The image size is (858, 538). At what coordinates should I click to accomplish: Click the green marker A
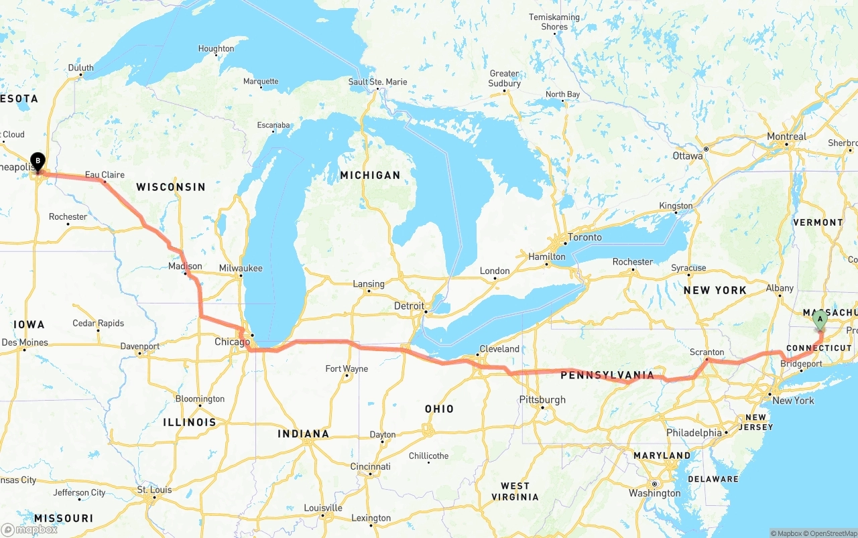pyautogui.click(x=820, y=320)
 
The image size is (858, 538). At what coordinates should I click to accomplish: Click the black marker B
pyautogui.click(x=38, y=161)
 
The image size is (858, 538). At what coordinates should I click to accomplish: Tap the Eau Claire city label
pyautogui.click(x=105, y=175)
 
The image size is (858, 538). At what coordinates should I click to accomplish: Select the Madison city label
pyautogui.click(x=185, y=266)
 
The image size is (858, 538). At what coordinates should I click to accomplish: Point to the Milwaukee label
pyautogui.click(x=241, y=268)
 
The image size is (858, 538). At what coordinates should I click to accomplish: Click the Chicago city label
pyautogui.click(x=232, y=342)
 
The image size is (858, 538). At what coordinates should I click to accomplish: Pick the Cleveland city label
pyautogui.click(x=499, y=348)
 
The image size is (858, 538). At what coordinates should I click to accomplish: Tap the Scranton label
pyautogui.click(x=707, y=352)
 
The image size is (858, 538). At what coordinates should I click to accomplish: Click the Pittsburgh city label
pyautogui.click(x=542, y=400)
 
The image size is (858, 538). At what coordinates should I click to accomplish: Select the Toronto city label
pyautogui.click(x=585, y=237)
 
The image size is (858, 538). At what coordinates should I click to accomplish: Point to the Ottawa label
pyautogui.click(x=688, y=156)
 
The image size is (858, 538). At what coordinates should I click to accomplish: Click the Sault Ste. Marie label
pyautogui.click(x=377, y=82)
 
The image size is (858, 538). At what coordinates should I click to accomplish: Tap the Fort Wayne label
pyautogui.click(x=347, y=368)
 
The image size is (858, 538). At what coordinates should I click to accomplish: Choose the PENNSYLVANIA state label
pyautogui.click(x=607, y=375)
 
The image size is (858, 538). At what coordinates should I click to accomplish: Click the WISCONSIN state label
pyautogui.click(x=170, y=187)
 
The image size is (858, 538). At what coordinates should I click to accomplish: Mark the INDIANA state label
pyautogui.click(x=304, y=434)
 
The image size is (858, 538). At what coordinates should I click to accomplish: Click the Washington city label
pyautogui.click(x=655, y=493)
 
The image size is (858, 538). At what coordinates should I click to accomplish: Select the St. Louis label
pyautogui.click(x=154, y=490)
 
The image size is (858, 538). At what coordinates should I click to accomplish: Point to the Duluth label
pyautogui.click(x=81, y=68)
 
